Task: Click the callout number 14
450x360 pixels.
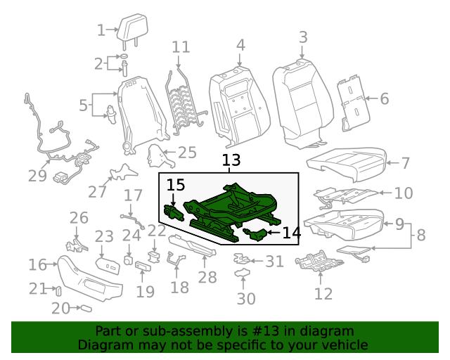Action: pyautogui.click(x=291, y=231)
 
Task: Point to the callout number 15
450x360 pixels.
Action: pyautogui.click(x=176, y=186)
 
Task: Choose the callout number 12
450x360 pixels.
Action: pyautogui.click(x=323, y=294)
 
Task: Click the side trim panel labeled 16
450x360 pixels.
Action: pyautogui.click(x=88, y=278)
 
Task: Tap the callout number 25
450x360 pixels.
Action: pyautogui.click(x=187, y=153)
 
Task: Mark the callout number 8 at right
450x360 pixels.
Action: pyautogui.click(x=420, y=236)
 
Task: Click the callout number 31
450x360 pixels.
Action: pyautogui.click(x=274, y=262)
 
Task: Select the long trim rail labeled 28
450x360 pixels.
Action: pyautogui.click(x=193, y=245)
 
